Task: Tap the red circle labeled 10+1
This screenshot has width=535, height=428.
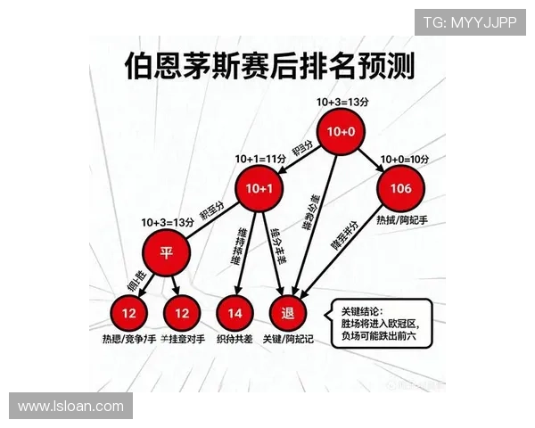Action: pyautogui.click(x=259, y=187)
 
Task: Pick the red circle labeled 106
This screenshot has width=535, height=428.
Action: pyautogui.click(x=400, y=187)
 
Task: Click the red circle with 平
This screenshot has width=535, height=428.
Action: pyautogui.click(x=166, y=252)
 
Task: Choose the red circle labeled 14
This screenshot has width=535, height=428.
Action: pyautogui.click(x=235, y=313)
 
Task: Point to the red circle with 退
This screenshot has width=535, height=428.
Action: pyautogui.click(x=288, y=313)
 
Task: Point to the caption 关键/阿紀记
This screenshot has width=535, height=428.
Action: pyautogui.click(x=291, y=340)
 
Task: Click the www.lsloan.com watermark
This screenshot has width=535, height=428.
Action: pyautogui.click(x=71, y=406)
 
